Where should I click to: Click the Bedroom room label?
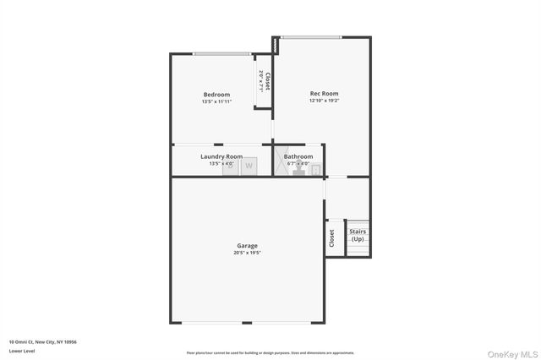point(216,95)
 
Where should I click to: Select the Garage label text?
point(247,246)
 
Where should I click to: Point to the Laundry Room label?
point(221,156)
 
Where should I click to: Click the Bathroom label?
point(298,156)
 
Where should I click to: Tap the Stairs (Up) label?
point(358,235)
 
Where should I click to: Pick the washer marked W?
point(249,166)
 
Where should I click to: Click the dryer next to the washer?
point(231,166)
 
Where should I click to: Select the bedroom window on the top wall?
point(221,55)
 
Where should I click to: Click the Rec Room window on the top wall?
point(311,36)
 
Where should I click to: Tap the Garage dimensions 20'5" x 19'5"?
point(247,254)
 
